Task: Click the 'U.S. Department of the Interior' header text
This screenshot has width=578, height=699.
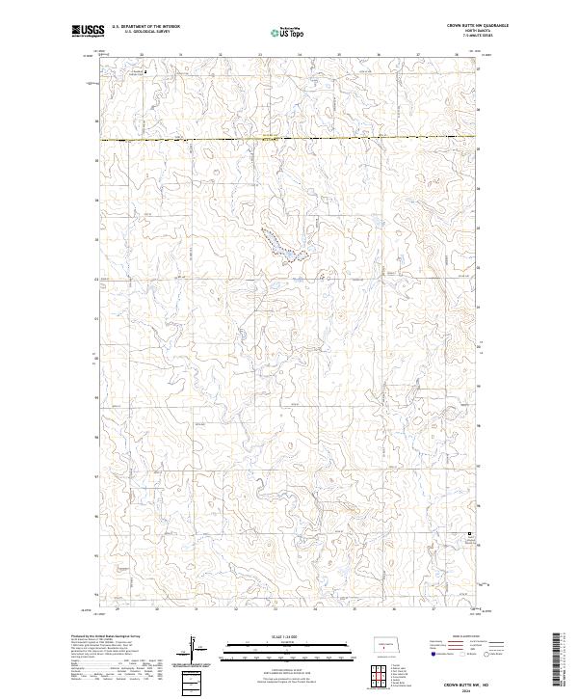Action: [145, 26]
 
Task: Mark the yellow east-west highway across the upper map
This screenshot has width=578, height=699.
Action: [289, 141]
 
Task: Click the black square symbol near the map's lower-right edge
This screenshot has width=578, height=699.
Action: [470, 534]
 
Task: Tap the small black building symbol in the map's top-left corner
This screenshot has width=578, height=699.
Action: [145, 71]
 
